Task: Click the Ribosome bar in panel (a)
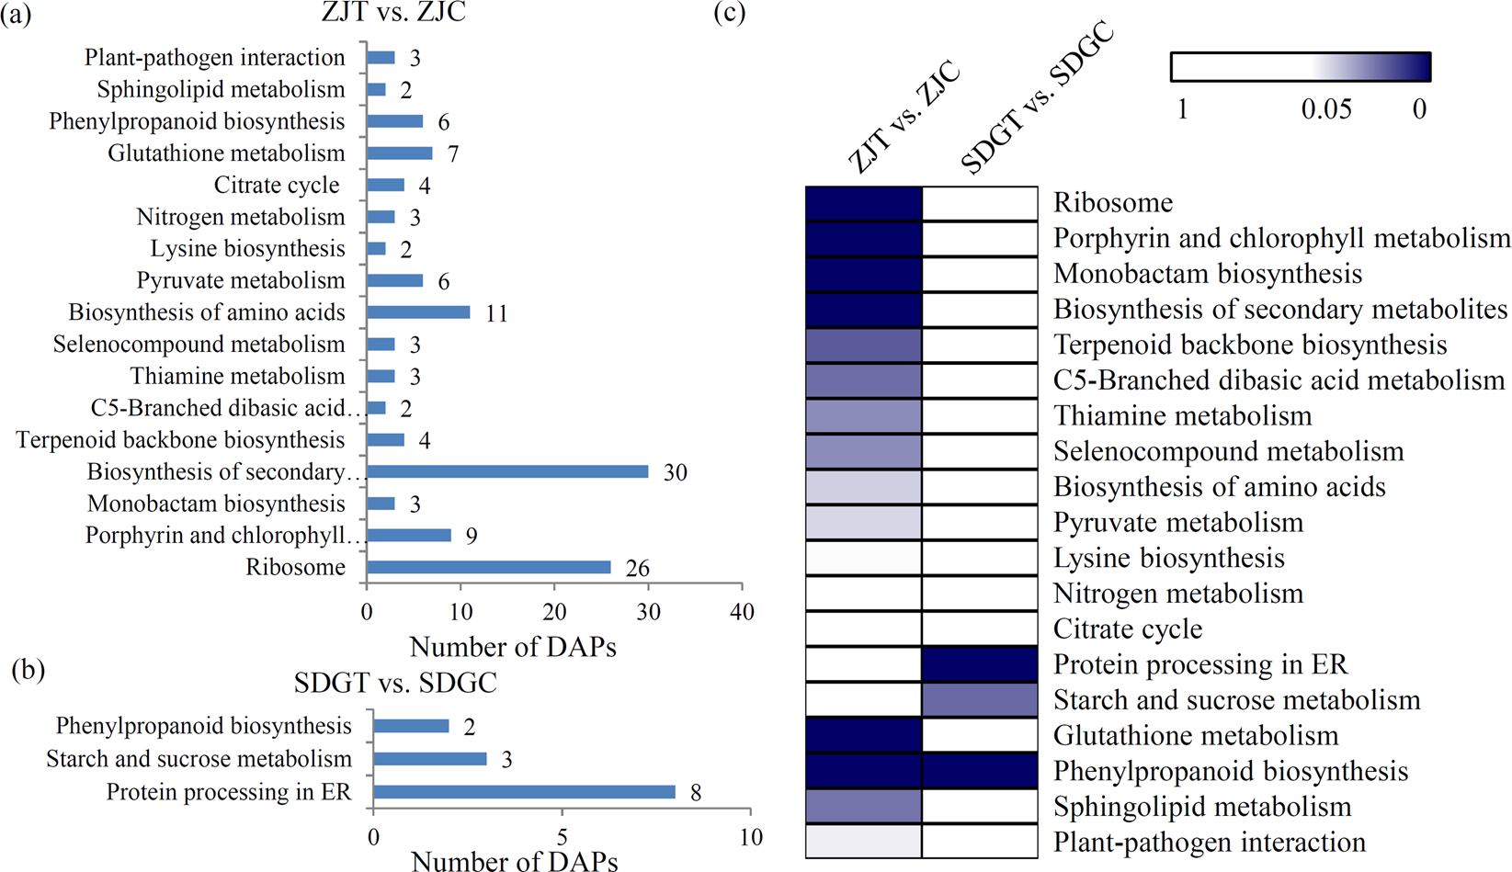pyautogui.click(x=488, y=567)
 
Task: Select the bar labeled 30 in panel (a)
pyautogui.click(x=507, y=471)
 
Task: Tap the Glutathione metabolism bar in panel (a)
pyautogui.click(x=399, y=153)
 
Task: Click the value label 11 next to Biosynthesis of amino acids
pyautogui.click(x=496, y=313)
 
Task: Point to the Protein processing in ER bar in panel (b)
pyautogui.click(x=524, y=792)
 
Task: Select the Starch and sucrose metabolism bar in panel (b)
pyautogui.click(x=429, y=759)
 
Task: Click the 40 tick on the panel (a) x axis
pyautogui.click(x=742, y=613)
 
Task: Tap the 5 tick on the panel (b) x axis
pyautogui.click(x=562, y=837)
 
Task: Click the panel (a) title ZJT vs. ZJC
pyautogui.click(x=394, y=13)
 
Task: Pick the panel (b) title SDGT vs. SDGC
pyautogui.click(x=395, y=683)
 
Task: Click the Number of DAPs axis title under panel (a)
pyautogui.click(x=513, y=647)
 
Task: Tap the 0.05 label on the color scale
pyautogui.click(x=1325, y=109)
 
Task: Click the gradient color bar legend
pyautogui.click(x=1301, y=67)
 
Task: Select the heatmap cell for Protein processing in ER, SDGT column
pyautogui.click(x=980, y=664)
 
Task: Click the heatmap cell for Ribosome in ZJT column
pyautogui.click(x=864, y=203)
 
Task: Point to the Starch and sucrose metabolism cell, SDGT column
pyautogui.click(x=980, y=700)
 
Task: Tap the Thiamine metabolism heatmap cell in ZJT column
pyautogui.click(x=864, y=416)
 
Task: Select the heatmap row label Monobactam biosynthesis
pyautogui.click(x=1207, y=274)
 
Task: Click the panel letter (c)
pyautogui.click(x=729, y=14)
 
